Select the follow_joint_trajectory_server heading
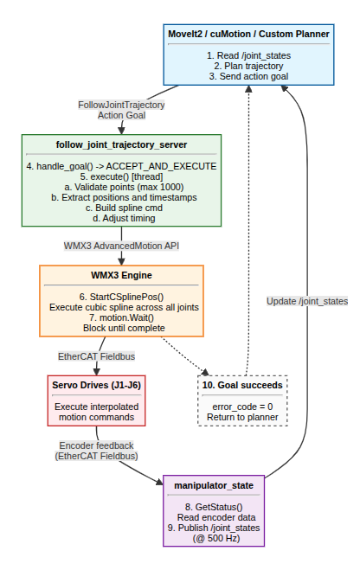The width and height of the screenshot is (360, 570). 121,144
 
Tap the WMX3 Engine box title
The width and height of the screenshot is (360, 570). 121,275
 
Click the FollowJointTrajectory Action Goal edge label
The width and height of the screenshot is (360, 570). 121,110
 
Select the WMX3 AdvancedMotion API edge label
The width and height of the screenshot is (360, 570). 121,245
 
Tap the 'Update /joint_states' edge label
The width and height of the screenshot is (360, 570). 306,301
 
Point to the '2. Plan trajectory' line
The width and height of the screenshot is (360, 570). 247,66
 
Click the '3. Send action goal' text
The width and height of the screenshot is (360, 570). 247,77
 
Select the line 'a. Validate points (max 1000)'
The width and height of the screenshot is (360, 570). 121,187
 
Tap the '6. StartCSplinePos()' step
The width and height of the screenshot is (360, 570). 121,296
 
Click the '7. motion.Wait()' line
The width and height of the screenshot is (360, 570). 121,317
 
